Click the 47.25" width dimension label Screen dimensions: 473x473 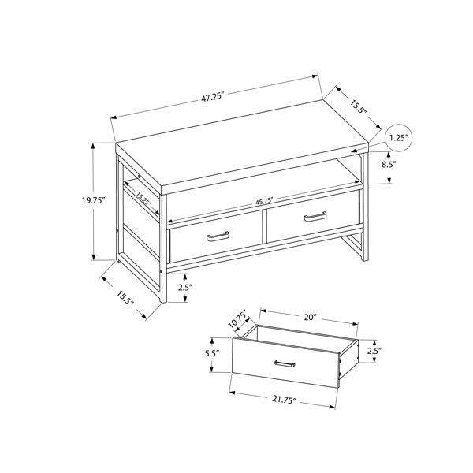(214, 98)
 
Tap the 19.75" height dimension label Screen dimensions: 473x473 (93, 200)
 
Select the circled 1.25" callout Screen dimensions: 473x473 (399, 138)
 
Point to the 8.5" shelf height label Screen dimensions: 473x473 (389, 165)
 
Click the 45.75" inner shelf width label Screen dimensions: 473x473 (264, 201)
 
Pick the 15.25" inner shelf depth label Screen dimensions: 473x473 (143, 199)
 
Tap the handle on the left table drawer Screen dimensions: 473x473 (218, 236)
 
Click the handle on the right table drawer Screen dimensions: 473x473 (315, 216)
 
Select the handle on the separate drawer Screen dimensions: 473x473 (285, 364)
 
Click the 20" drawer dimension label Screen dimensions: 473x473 (310, 318)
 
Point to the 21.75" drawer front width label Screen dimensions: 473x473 (283, 400)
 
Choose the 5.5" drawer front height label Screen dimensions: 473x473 (212, 353)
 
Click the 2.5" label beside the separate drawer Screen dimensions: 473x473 (374, 351)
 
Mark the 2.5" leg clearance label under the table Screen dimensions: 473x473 (185, 288)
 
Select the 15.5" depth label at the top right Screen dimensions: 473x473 (359, 106)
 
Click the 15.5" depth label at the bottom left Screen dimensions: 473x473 (125, 298)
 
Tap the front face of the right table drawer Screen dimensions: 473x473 (313, 216)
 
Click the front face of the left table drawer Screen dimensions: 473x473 (216, 236)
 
